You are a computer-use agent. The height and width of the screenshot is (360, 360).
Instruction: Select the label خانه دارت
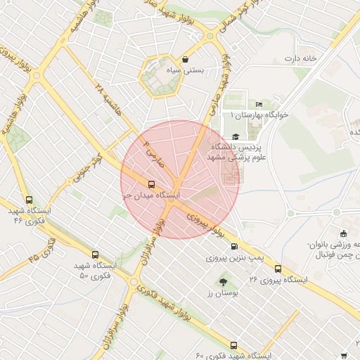coord(302,58)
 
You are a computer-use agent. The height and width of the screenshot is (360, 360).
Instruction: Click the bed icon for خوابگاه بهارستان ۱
coord(259,105)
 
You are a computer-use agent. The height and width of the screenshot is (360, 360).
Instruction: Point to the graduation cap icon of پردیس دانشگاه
coord(236,137)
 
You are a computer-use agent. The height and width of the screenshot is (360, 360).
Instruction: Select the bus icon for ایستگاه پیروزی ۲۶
coord(278,268)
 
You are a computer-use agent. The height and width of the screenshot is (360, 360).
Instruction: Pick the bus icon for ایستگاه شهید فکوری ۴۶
coord(28,199)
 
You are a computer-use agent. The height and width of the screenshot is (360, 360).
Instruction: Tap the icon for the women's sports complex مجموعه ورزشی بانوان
coord(343,233)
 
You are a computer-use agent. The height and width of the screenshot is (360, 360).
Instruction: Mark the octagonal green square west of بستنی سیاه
coord(160,76)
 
